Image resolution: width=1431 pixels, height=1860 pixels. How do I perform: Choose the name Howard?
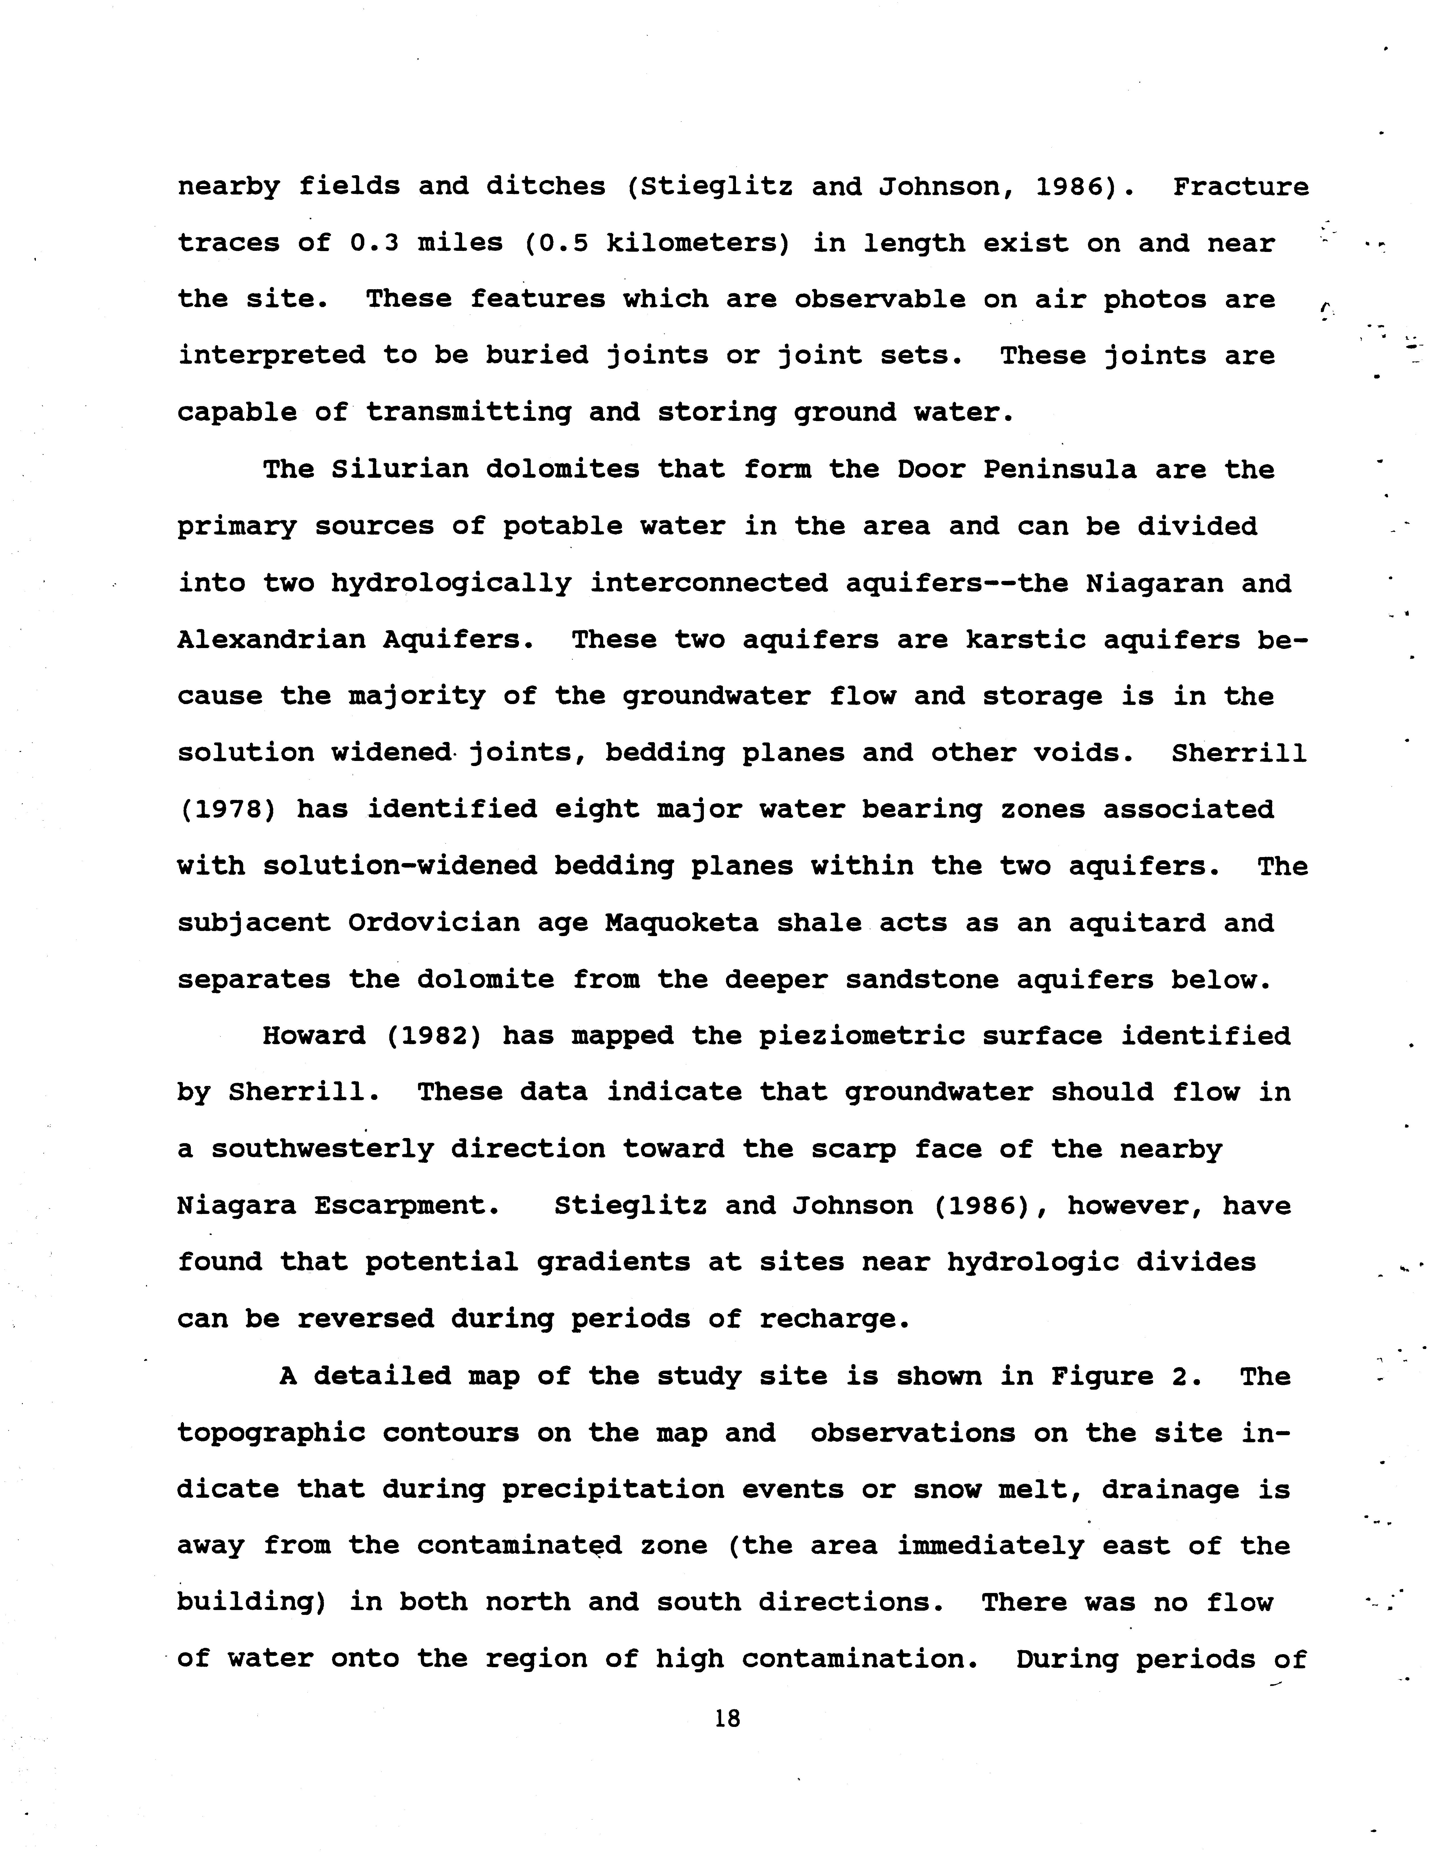pyautogui.click(x=313, y=1036)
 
